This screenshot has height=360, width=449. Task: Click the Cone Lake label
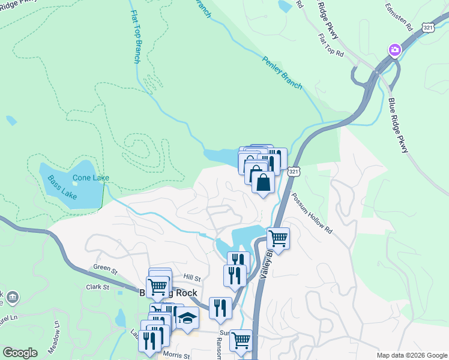pyautogui.click(x=91, y=178)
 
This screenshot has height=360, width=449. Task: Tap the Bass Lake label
pyautogui.click(x=59, y=179)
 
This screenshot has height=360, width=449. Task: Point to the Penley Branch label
pyautogui.click(x=283, y=72)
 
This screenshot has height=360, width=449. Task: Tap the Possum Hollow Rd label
pyautogui.click(x=312, y=214)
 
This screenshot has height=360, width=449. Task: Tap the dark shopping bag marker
pyautogui.click(x=263, y=182)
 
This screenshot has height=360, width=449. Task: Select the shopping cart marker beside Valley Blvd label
pyautogui.click(x=278, y=238)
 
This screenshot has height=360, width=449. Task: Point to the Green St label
pyautogui.click(x=104, y=268)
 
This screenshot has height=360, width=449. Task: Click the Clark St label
pyautogui.click(x=97, y=287)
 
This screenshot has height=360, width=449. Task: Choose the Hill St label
pyautogui.click(x=192, y=278)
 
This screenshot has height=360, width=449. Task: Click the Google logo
pyautogui.click(x=20, y=353)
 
